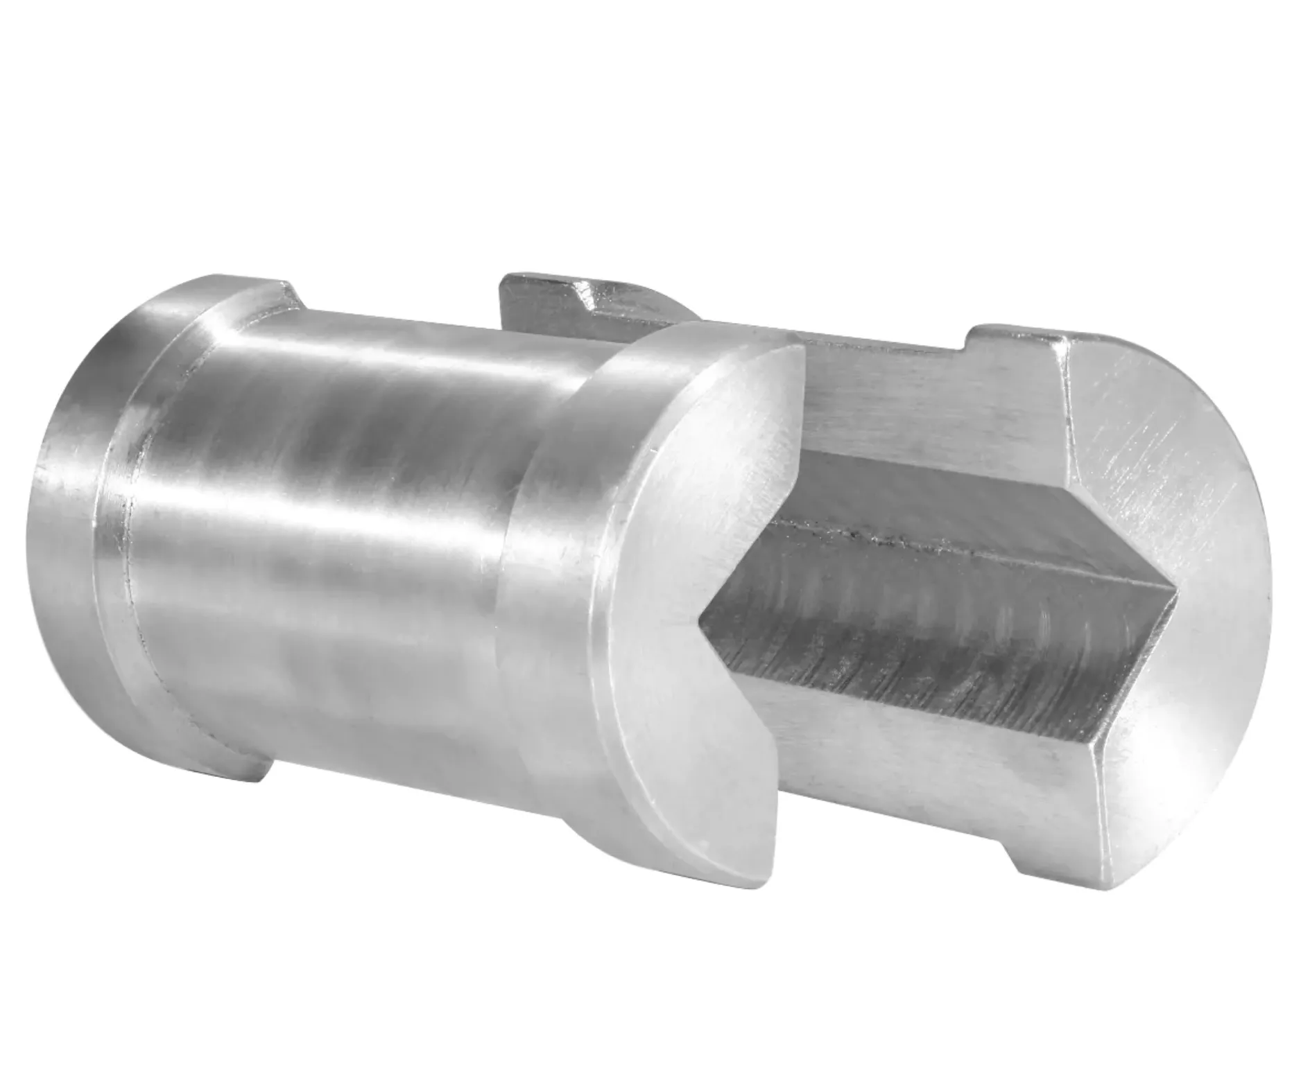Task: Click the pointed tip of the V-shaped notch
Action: (x=702, y=613)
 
